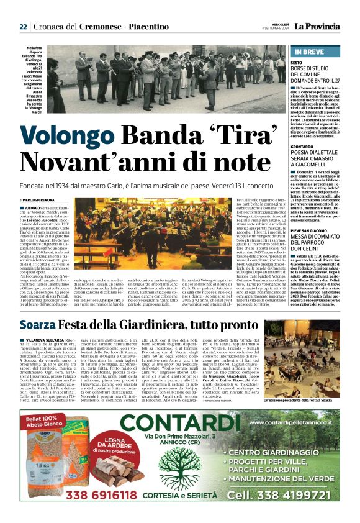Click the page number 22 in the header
(23, 27)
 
